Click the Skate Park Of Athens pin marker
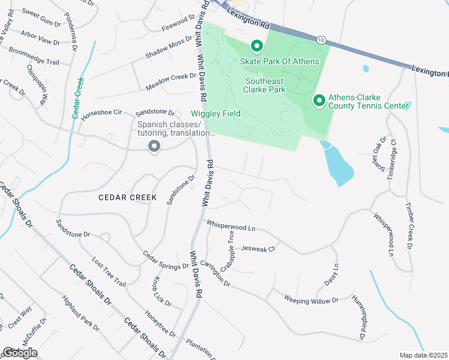[256, 46]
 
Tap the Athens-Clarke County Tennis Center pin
[319, 99]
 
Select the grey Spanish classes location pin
[154, 146]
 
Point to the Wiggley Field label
[215, 113]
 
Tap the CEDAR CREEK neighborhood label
[128, 197]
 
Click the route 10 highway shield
[322, 40]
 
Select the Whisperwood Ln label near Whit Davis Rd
[231, 226]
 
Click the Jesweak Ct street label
[258, 248]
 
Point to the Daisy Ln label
[335, 274]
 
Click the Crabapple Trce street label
[228, 252]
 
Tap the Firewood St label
[179, 25]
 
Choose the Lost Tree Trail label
[109, 272]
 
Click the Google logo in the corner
[20, 352]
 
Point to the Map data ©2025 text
[423, 355]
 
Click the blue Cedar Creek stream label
[77, 98]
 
